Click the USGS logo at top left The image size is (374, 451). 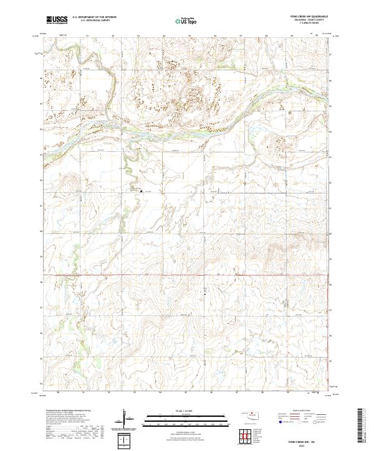click(x=57, y=20)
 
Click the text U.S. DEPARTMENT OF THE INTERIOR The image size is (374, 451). click(x=94, y=17)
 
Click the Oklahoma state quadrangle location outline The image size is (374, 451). click(x=252, y=416)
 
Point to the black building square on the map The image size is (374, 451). click(x=141, y=191)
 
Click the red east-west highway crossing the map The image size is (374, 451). click(x=187, y=274)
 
